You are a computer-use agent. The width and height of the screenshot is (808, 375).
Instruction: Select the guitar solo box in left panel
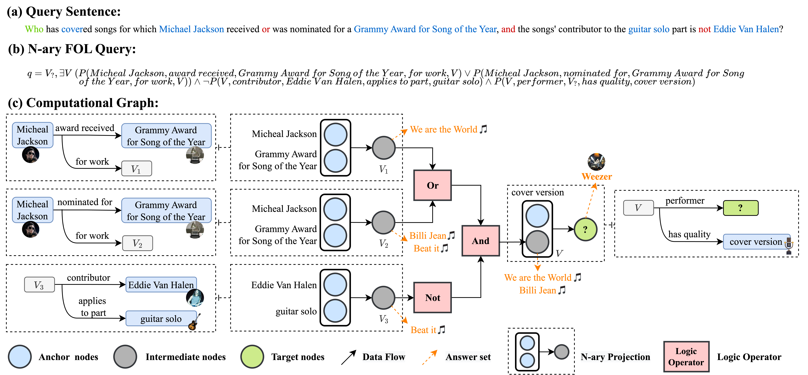pyautogui.click(x=161, y=318)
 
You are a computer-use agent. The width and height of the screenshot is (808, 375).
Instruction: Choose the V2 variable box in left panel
pyautogui.click(x=137, y=243)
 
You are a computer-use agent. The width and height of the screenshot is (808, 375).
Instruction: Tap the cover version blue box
pyautogui.click(x=756, y=241)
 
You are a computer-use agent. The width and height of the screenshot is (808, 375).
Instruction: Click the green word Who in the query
pyautogui.click(x=34, y=29)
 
